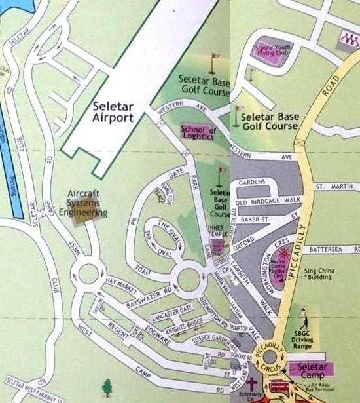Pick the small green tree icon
[x=106, y=387]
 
